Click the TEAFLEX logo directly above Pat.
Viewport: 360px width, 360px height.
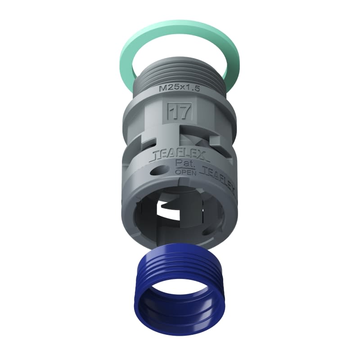coord(180,156)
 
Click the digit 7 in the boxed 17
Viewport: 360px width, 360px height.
coord(184,111)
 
